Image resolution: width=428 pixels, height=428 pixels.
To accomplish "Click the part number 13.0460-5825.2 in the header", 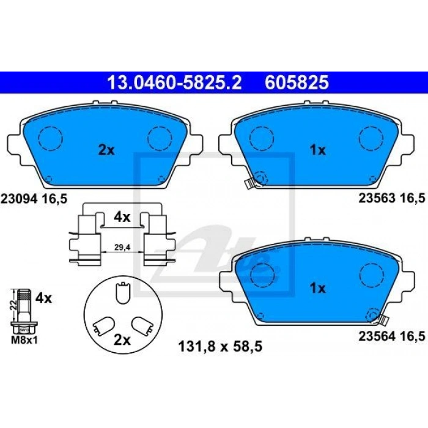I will coord(174,81).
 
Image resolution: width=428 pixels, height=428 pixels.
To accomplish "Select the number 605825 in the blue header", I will coord(297,81).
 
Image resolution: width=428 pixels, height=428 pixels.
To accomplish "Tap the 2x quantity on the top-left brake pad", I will coord(106,150).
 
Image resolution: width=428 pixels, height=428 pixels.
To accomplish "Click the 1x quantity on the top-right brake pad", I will coord(317,150).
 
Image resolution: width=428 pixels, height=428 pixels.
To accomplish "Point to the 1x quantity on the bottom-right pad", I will coord(317,287).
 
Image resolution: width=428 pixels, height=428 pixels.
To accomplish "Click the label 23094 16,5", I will coord(34,197).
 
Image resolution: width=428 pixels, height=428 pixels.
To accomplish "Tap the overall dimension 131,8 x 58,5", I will coord(220,346).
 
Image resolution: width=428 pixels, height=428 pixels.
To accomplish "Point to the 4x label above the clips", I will coord(122,216).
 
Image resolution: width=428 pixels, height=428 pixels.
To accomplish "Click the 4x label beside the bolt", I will coord(43,299).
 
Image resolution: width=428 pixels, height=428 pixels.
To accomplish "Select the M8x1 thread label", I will coord(24,340).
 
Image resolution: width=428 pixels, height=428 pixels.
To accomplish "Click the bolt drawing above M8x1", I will coord(24,309).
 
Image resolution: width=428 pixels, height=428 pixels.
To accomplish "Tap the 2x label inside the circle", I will coord(123,340).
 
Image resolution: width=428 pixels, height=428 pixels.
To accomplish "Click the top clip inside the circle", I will coord(122,292).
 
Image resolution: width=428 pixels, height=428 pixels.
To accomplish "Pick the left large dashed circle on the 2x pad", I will coord(50,137).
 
